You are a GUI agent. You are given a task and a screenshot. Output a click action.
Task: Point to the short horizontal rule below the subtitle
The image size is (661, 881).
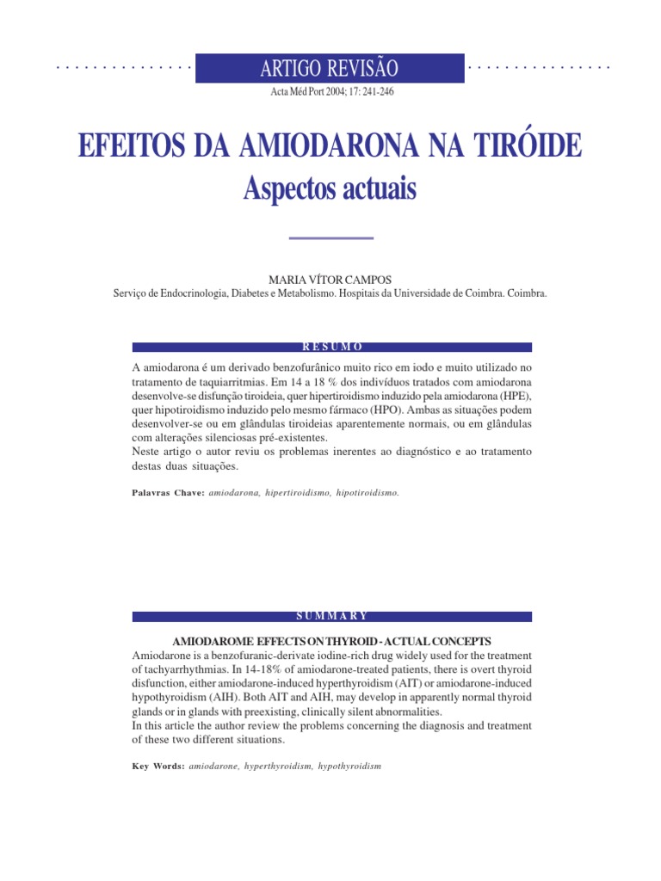pos(330,237)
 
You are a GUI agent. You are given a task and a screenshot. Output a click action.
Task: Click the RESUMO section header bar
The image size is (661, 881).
pos(331,347)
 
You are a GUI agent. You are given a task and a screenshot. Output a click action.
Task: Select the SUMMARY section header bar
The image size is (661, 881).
pos(331,616)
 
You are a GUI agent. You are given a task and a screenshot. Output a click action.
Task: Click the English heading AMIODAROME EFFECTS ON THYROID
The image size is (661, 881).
pos(331,642)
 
